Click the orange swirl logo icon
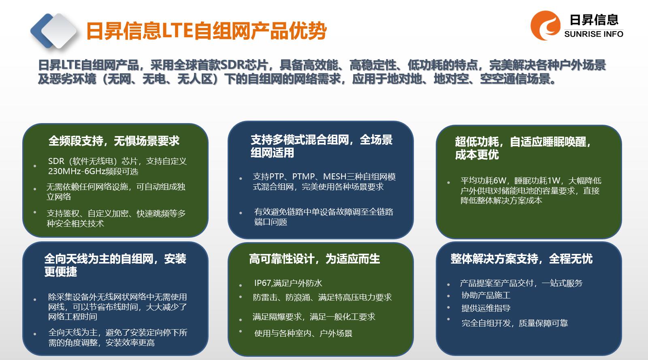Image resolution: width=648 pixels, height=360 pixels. point(545,26)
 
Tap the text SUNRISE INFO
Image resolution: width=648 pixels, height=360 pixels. point(594,34)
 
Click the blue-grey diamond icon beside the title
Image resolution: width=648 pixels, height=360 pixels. point(54,31)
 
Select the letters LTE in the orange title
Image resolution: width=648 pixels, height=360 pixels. point(177,31)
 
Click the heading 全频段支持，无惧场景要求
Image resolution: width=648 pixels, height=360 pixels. point(114,141)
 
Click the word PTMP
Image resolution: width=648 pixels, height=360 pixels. point(303,177)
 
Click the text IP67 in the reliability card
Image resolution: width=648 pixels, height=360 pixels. point(262,283)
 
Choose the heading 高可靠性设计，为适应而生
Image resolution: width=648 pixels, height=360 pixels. point(314,259)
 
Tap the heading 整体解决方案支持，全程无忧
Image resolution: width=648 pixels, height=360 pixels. point(522,259)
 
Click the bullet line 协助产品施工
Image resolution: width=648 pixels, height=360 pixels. point(486,295)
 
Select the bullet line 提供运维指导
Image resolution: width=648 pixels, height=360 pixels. point(486,308)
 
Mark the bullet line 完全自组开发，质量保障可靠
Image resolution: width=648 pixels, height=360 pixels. point(515,323)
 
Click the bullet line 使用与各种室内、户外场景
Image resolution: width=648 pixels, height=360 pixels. point(303,333)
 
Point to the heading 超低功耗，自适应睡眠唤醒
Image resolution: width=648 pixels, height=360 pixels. point(523,142)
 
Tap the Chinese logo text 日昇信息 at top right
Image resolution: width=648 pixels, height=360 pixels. point(594,20)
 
